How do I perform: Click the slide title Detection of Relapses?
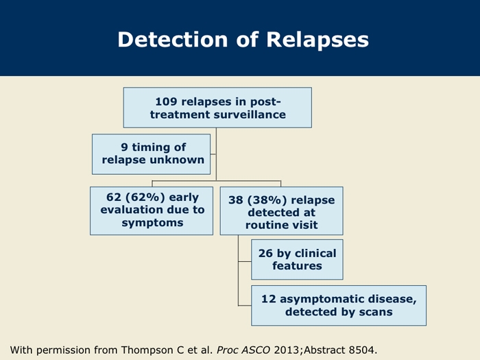point(243,39)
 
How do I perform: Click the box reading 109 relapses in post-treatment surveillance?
point(217,108)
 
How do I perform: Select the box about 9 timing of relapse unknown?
point(152,154)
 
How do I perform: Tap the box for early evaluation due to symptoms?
point(152,211)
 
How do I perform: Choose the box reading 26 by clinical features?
point(297,259)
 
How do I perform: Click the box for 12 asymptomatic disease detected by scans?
point(339,305)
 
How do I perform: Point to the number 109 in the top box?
point(166,101)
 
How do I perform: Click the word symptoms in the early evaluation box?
point(152,223)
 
